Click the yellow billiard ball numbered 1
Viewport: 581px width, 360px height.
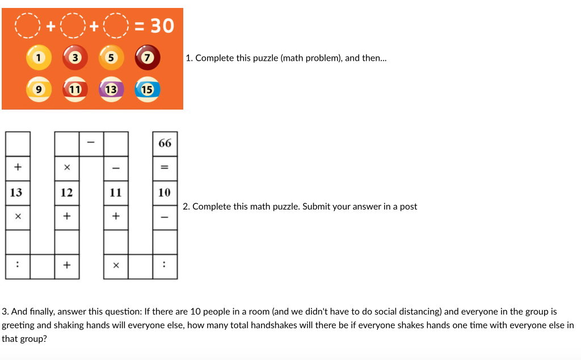tap(38, 58)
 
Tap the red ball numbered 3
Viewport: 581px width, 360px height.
tap(74, 58)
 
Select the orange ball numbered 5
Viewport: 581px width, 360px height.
tap(111, 58)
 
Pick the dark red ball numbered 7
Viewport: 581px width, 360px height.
tap(148, 58)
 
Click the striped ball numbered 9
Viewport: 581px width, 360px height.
tap(38, 89)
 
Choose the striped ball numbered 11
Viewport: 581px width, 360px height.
tap(74, 89)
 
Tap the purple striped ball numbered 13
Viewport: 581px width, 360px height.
tap(111, 89)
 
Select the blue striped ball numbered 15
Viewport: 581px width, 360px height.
tap(148, 89)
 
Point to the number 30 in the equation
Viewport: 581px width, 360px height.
tap(161, 26)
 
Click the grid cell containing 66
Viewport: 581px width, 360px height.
tap(165, 143)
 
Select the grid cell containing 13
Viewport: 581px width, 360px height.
tap(18, 192)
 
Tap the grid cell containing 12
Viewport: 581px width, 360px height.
tap(67, 192)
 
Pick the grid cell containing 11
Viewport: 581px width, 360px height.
tap(116, 192)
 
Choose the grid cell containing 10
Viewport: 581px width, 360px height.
tap(165, 192)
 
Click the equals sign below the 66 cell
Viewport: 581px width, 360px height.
tap(165, 168)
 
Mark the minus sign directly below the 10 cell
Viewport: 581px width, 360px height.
tap(165, 217)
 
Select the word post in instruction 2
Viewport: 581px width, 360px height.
tap(408, 207)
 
